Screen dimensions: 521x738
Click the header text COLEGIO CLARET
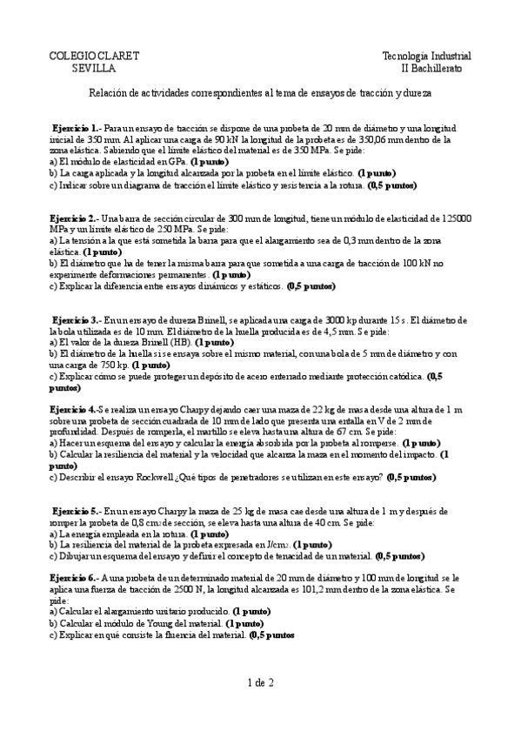[95, 56]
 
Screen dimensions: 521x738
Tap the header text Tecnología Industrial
[423, 56]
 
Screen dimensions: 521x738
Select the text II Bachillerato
[431, 68]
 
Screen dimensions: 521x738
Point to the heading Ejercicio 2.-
[75, 218]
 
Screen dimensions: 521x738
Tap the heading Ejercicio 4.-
[73, 410]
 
